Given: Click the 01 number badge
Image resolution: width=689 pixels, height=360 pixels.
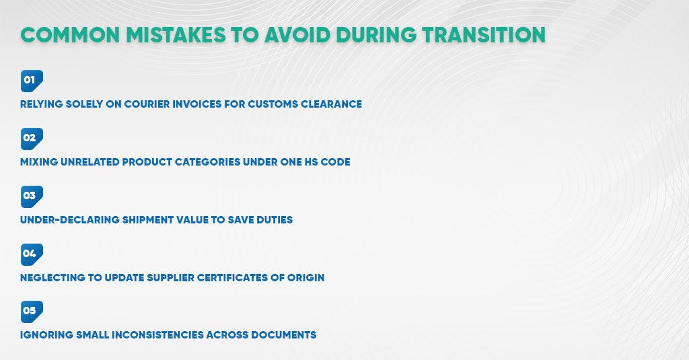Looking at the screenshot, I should tap(32, 80).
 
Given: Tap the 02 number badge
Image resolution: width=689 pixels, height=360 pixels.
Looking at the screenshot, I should tap(32, 138).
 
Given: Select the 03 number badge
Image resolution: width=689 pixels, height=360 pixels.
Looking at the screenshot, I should tap(32, 196).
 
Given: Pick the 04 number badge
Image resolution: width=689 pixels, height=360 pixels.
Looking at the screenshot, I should tap(32, 254).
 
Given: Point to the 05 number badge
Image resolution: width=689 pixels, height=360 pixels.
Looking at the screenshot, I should tap(32, 311).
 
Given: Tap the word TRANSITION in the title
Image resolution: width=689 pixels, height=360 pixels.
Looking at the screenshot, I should tap(483, 35).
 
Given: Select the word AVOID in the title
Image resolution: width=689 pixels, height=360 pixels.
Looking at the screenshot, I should tap(319, 35).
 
